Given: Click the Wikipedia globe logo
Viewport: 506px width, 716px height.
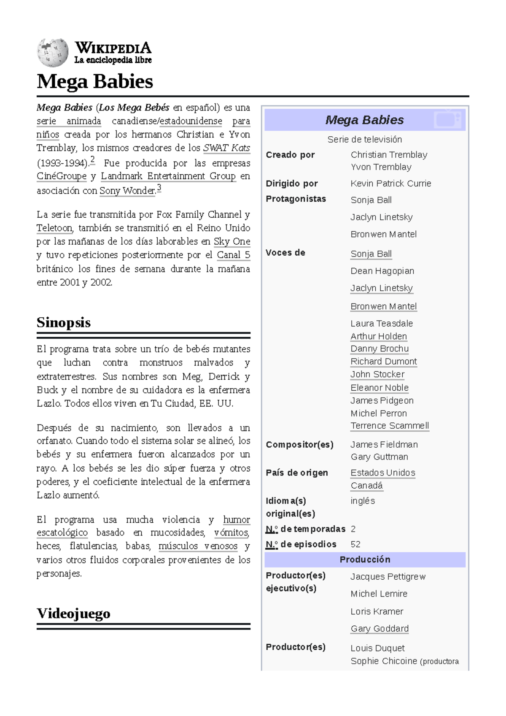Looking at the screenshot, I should (52, 53).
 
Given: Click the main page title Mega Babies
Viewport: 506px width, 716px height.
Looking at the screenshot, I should (94, 81).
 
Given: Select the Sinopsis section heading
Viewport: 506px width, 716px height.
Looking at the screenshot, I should (63, 323).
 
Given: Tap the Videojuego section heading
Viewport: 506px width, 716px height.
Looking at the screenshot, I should (73, 613).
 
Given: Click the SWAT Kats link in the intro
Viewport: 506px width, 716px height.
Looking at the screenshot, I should (226, 148).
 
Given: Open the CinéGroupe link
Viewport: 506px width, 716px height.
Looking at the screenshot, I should (62, 176).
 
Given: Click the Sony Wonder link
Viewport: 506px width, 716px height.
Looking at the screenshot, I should (128, 191).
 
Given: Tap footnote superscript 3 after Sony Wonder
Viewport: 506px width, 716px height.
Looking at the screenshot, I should (159, 188).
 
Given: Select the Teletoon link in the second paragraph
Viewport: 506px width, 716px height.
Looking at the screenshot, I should (54, 228).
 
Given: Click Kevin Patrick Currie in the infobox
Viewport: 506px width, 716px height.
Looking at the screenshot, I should (390, 184).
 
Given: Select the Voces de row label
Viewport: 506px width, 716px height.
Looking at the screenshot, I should (285, 253).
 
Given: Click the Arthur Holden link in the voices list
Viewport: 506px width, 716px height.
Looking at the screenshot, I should (378, 336).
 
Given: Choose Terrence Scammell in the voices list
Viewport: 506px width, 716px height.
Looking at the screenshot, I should (390, 426).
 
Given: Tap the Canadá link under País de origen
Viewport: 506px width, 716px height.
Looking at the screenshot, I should (366, 486).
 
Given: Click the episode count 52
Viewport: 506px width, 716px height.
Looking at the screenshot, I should (355, 544).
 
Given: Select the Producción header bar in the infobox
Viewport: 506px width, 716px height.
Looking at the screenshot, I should (365, 559).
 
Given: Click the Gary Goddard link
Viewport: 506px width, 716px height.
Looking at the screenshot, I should (379, 629).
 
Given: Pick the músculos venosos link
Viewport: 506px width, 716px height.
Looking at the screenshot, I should (198, 546).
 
